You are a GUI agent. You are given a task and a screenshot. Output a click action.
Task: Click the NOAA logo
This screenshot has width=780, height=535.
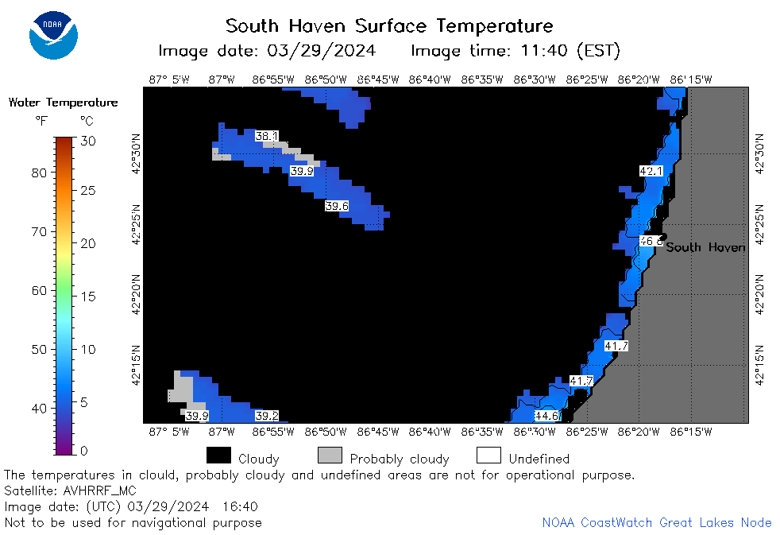pos(53,35)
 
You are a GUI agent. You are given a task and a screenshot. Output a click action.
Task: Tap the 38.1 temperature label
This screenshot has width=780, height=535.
pos(267,136)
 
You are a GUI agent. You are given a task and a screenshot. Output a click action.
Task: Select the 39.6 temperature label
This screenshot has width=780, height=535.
pos(337,206)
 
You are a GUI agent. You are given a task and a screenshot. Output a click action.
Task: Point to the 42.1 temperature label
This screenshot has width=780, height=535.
pos(651,171)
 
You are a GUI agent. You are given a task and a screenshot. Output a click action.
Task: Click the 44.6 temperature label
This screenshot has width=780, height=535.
pos(546,416)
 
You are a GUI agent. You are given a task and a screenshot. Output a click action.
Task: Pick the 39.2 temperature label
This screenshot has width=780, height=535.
pos(267,416)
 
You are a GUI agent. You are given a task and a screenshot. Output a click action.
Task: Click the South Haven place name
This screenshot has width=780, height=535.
pos(705,247)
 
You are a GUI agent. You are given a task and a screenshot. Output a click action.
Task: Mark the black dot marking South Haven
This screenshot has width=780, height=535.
pos(663,237)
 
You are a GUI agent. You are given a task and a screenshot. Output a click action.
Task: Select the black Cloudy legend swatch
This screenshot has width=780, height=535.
pos(219,455)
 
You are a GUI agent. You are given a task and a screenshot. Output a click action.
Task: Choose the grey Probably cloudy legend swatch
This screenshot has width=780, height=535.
pos(330,455)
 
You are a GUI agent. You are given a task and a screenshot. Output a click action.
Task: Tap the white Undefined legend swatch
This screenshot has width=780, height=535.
pos(488,455)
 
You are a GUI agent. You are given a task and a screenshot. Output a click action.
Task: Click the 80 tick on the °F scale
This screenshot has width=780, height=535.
pos(39,173)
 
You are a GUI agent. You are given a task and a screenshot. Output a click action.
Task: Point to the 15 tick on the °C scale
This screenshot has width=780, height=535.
pos(88,297)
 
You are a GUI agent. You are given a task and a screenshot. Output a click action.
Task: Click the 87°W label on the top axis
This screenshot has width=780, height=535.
pos(222,79)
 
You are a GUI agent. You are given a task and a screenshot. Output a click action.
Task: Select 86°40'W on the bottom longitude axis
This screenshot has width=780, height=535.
pos(430,432)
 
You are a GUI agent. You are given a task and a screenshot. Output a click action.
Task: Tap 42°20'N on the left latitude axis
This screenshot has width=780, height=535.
pos(137,295)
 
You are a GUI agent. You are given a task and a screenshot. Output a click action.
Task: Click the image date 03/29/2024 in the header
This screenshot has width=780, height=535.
pos(322,51)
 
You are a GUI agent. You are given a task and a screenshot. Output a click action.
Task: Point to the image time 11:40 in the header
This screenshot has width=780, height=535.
pos(544,51)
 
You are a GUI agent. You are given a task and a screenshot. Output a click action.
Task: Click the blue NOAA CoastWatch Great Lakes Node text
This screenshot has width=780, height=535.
pos(657,522)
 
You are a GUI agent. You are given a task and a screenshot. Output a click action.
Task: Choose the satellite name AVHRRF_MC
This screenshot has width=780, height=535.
pos(99,491)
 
